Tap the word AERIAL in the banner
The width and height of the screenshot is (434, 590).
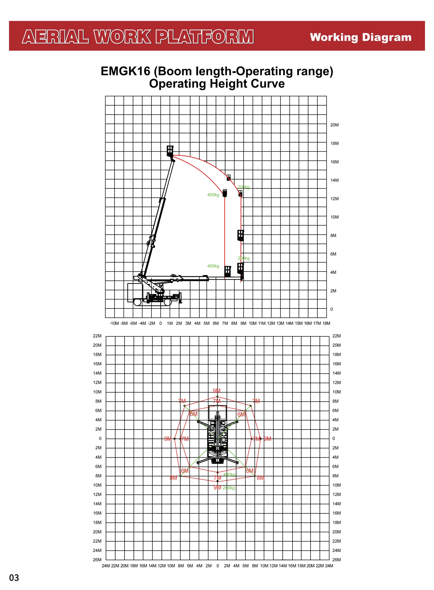click(x=55, y=37)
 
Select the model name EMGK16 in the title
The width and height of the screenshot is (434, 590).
click(x=125, y=71)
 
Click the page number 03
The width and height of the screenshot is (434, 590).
click(x=14, y=578)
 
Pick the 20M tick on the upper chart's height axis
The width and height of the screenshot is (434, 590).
click(x=334, y=125)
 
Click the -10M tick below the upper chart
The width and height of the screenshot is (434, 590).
click(x=114, y=323)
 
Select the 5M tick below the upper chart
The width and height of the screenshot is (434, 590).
click(x=206, y=323)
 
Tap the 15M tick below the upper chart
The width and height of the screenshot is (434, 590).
click(x=299, y=323)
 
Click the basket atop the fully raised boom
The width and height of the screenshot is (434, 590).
click(x=170, y=151)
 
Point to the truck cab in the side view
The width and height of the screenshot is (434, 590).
click(x=135, y=292)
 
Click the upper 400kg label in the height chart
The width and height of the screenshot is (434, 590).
click(x=213, y=195)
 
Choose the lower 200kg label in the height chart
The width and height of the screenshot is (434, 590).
click(x=243, y=258)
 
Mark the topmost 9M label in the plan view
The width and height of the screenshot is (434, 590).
click(x=217, y=391)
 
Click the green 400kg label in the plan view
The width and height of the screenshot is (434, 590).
click(x=229, y=475)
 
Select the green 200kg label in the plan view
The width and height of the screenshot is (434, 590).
click(x=229, y=488)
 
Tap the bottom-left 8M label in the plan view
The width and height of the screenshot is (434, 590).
click(x=173, y=478)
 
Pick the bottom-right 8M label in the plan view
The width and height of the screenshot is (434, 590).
click(x=261, y=478)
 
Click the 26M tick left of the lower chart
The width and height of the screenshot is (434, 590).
click(x=97, y=560)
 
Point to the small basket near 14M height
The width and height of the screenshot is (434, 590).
click(x=229, y=177)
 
